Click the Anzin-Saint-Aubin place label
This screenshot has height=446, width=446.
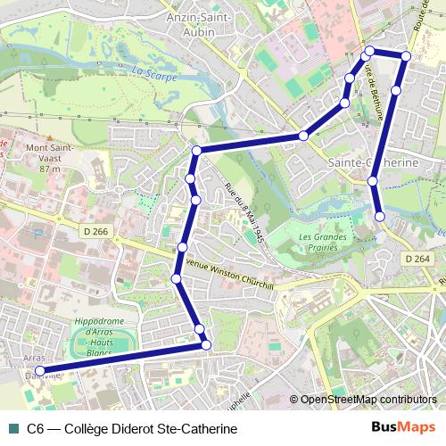(198, 23)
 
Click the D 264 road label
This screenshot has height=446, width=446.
(417, 259)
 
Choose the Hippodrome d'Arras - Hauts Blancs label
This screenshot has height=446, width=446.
(99, 337)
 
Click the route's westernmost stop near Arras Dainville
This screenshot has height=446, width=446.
(39, 371)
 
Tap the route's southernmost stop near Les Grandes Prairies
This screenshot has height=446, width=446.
(380, 216)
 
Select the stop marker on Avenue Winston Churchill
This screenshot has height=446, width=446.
(177, 279)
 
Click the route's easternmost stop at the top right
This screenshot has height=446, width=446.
(406, 56)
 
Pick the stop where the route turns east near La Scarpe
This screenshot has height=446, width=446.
(196, 150)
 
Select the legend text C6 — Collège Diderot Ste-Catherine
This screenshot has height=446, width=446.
(132, 429)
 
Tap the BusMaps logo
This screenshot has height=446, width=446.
(402, 428)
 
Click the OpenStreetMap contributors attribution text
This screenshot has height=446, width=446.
(368, 400)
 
